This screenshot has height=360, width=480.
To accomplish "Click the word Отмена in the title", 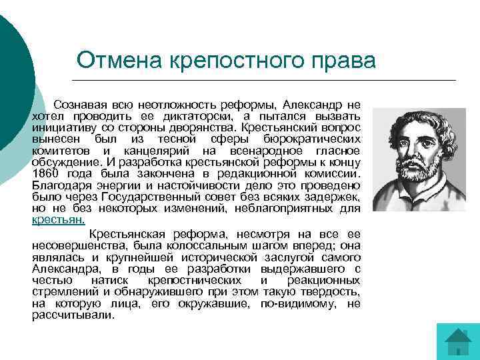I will click(117, 60).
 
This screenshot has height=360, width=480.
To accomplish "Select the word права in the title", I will click(347, 60).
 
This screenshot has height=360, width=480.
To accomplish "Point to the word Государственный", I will click(149, 197).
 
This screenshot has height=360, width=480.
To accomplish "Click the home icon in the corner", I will click(459, 341).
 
